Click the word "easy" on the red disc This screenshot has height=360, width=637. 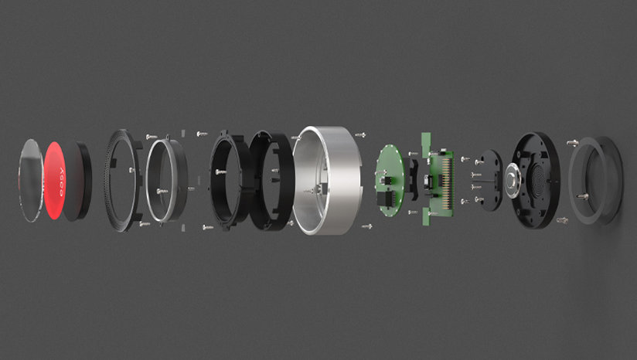62,182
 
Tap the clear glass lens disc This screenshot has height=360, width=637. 31,181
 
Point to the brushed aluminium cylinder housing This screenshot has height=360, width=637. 327,180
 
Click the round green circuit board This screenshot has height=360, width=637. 389,181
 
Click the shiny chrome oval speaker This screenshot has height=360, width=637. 513,180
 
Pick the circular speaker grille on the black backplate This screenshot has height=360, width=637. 539,179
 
